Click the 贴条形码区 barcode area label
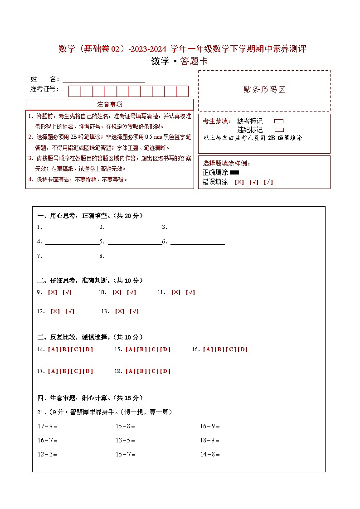coord(264,90)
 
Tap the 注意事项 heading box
coord(109,105)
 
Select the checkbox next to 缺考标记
coord(279,121)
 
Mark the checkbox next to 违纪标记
coord(279,130)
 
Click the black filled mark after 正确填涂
coord(234,173)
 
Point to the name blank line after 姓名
coord(104,81)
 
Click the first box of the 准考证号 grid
coord(74,91)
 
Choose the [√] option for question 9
coord(67,293)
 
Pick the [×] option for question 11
coord(176,293)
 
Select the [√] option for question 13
coord(134,312)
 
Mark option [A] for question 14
coord(53,349)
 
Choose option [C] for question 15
coord(153,349)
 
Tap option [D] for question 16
coord(243,349)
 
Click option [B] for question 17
coord(64,371)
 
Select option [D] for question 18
coord(165,371)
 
